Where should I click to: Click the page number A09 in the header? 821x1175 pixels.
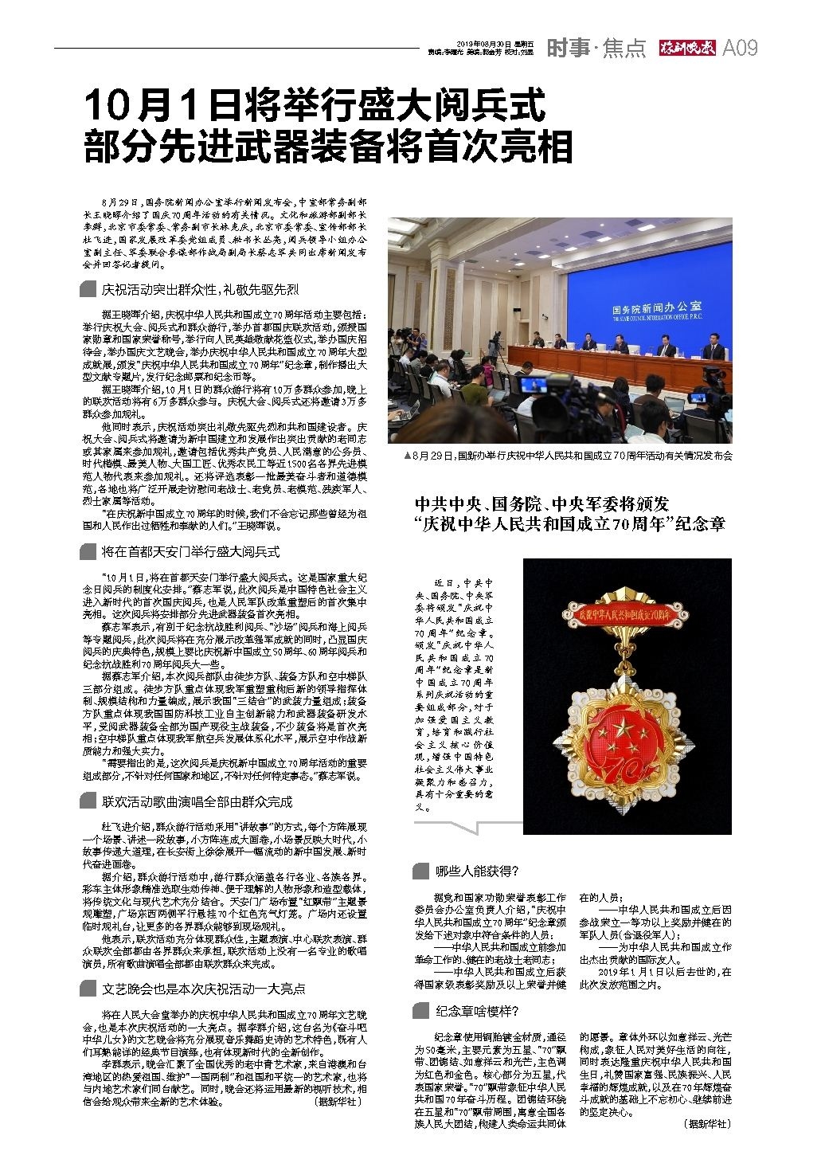coord(740,48)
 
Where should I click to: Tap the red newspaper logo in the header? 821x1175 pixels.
coord(688,48)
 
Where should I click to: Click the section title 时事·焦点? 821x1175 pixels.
coord(596,48)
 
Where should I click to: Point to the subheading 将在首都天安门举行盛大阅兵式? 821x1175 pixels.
coord(190,551)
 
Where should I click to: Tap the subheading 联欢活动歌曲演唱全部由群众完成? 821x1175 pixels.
coord(197,801)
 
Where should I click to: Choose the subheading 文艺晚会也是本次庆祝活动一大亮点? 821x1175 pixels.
coord(203,988)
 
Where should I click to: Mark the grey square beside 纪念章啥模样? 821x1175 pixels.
coord(420,1012)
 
